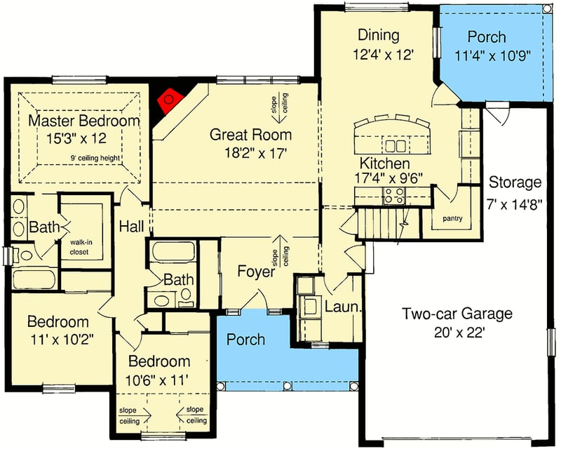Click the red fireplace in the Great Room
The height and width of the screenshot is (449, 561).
click(x=169, y=102)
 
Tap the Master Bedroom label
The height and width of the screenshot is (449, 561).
click(x=83, y=121)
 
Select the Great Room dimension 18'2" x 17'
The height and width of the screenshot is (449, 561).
click(x=250, y=151)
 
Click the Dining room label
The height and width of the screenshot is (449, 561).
click(x=378, y=35)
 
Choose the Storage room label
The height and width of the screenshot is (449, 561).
click(x=515, y=183)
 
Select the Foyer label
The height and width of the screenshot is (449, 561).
click(x=255, y=272)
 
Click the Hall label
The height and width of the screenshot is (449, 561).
click(x=131, y=227)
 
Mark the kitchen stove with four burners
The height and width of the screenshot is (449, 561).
click(x=393, y=196)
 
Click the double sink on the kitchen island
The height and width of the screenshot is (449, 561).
click(x=396, y=146)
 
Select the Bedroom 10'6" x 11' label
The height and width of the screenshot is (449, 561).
click(x=158, y=362)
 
